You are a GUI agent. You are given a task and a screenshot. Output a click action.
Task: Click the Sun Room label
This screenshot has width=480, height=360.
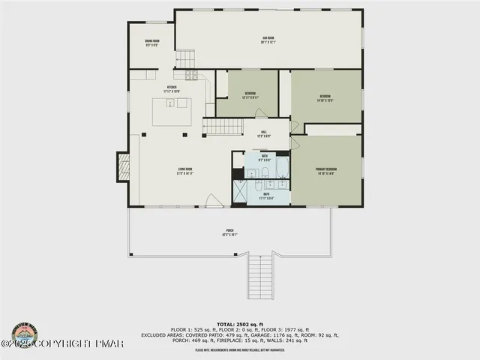pos(268,40)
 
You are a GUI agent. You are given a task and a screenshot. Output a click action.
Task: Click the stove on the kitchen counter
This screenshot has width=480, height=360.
pos(190,75)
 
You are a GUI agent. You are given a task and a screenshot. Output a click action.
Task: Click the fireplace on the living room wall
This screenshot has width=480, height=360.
pos(122,166)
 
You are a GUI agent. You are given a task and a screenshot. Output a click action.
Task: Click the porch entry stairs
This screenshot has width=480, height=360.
pos(261,276)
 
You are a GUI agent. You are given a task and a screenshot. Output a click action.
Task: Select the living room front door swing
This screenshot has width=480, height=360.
pos(214,200)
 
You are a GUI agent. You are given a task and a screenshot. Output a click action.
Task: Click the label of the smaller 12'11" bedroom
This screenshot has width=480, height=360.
pos(250,96)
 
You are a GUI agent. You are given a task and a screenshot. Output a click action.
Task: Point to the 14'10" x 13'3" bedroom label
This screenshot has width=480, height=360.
pos(325,97)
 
